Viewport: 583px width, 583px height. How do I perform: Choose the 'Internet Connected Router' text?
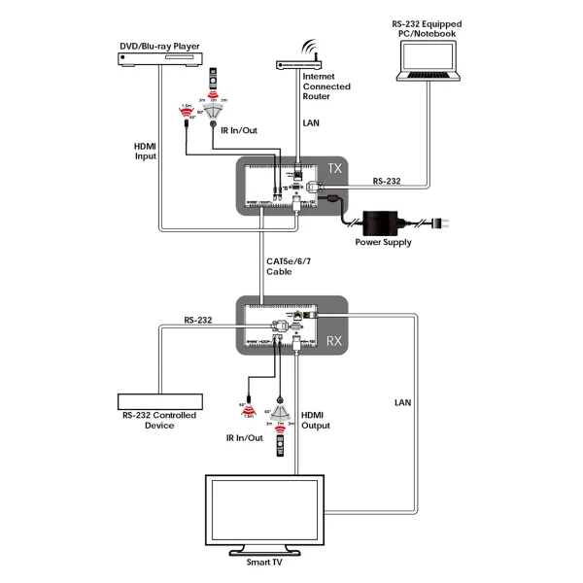pos(327,86)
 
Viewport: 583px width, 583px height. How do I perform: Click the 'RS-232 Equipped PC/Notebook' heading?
pos(428,28)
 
